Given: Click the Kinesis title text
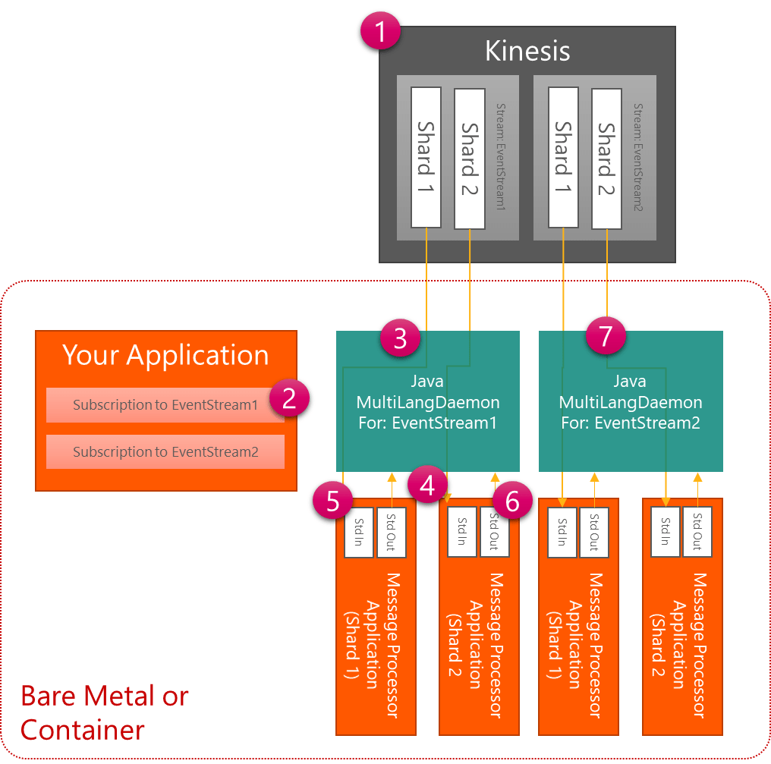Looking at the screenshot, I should [x=527, y=51].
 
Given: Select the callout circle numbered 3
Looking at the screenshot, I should [x=401, y=338].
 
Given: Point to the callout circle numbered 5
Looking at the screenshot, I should [x=334, y=501].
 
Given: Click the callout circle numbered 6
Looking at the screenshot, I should [x=511, y=501].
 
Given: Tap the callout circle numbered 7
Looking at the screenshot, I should [x=605, y=337].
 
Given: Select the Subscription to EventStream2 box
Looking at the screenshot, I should [x=165, y=451].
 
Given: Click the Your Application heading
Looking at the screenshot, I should [x=165, y=355].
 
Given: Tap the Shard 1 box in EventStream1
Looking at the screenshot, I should [x=426, y=157].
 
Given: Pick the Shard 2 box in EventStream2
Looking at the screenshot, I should [x=606, y=157].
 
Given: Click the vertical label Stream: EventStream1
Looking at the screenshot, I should [x=499, y=157].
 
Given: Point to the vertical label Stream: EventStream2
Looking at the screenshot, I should [x=638, y=157].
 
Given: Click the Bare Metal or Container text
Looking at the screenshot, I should [x=104, y=712].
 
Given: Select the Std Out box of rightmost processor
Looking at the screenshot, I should [x=697, y=532].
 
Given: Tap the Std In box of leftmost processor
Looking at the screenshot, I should [x=359, y=532].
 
